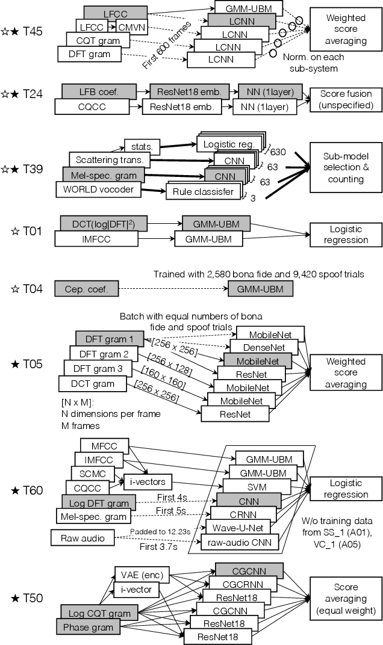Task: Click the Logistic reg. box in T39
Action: pos(228,145)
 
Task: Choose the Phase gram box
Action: pos(88,626)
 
